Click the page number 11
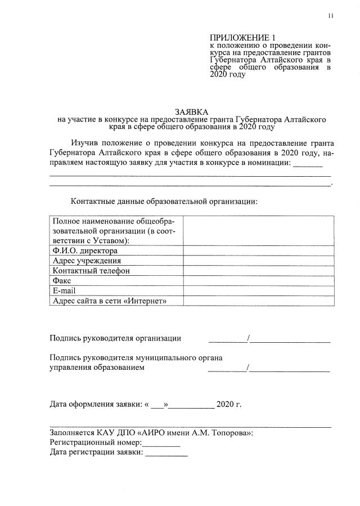coord(331,16)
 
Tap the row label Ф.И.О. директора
coord(84,250)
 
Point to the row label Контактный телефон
coord(91,271)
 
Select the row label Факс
coord(62,280)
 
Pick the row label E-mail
coord(64,290)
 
